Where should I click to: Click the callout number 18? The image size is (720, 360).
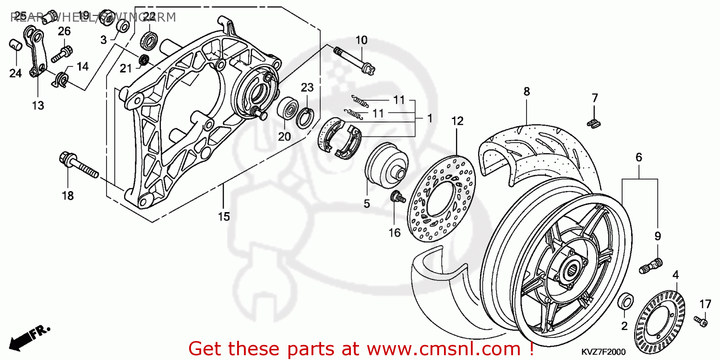tap(68, 195)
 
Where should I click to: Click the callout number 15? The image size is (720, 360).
tap(224, 216)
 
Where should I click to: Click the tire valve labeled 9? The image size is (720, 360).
tap(651, 264)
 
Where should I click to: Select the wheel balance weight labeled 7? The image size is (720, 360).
tap(593, 123)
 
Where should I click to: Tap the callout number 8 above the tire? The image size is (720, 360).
tap(527, 91)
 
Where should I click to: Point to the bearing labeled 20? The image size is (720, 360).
tap(288, 109)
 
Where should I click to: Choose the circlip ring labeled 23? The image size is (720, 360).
tap(305, 118)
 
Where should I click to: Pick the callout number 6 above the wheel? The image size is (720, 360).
tap(639, 157)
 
